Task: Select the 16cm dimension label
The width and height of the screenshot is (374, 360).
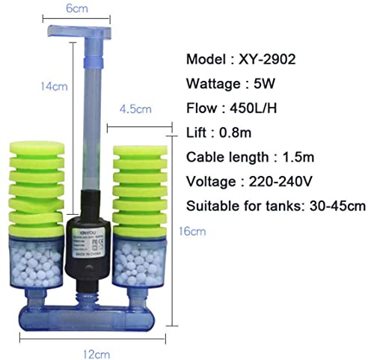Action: tap(196, 231)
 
